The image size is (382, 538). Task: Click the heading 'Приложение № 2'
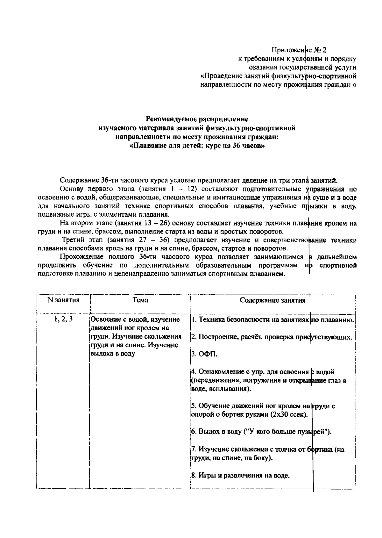(x=299, y=50)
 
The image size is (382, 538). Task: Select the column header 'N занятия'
(x=63, y=300)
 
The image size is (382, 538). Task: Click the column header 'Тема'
(x=140, y=300)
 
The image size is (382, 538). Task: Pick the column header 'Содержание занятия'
(x=272, y=300)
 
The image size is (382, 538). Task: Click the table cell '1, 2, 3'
(x=63, y=319)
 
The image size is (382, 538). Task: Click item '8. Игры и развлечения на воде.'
(x=241, y=476)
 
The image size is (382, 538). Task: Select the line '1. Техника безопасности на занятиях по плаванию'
(x=273, y=320)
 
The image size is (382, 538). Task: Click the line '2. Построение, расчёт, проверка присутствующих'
(x=272, y=337)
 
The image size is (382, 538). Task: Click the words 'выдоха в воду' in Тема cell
(x=113, y=354)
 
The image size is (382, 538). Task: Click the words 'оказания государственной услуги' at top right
(x=302, y=68)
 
